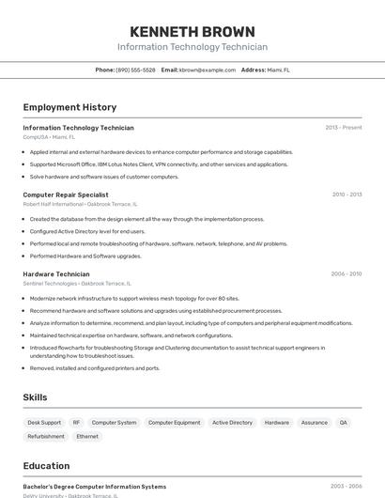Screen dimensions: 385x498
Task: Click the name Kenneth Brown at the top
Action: (192, 31)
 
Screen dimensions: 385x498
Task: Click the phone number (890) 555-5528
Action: (135, 70)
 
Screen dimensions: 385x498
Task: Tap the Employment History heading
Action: (69, 107)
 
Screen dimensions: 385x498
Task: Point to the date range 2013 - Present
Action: (344, 128)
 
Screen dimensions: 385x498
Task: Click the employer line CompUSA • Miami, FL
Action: (49, 136)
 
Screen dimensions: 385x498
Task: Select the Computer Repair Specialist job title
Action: (66, 195)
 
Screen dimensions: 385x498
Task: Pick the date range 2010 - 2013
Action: (346, 195)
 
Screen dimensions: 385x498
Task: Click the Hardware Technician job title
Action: (56, 274)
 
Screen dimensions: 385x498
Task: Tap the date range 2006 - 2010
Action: (346, 274)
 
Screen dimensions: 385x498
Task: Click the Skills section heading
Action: (35, 397)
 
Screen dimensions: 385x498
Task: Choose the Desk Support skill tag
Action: (44, 423)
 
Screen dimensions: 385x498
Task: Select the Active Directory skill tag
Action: (232, 423)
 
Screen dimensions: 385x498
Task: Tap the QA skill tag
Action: (344, 423)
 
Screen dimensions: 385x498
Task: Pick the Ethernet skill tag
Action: (87, 436)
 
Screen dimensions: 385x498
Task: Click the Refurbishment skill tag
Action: (46, 436)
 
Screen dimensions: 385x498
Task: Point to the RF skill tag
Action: (77, 423)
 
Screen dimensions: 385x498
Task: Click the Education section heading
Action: (46, 466)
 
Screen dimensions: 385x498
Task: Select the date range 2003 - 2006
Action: (346, 487)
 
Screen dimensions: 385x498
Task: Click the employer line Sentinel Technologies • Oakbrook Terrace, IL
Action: (77, 283)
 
